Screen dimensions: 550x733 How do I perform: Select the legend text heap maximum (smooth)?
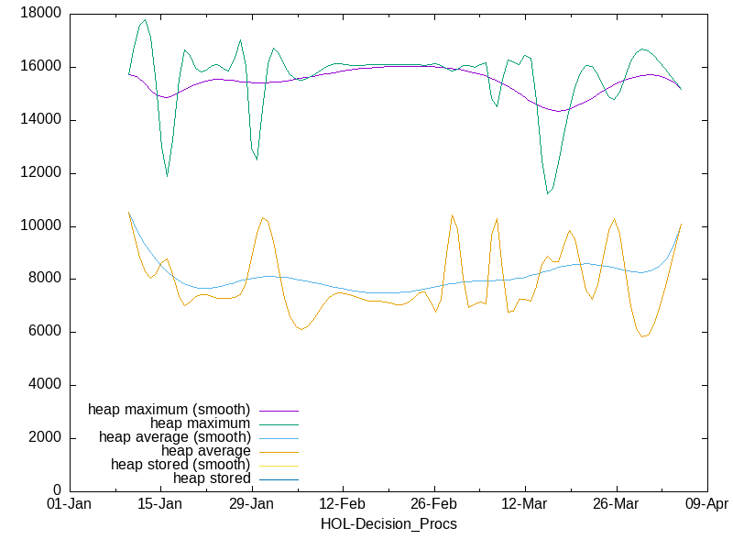pyautogui.click(x=170, y=409)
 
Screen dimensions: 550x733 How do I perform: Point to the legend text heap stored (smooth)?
pyautogui.click(x=181, y=465)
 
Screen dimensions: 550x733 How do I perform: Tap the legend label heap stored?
pyautogui.click(x=212, y=478)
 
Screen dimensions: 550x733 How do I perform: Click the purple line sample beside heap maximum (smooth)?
pyautogui.click(x=279, y=410)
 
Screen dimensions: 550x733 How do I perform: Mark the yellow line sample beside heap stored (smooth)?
pyautogui.click(x=279, y=465)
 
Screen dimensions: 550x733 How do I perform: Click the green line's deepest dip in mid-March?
pyautogui.click(x=547, y=193)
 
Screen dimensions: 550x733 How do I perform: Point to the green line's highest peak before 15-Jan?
pyautogui.click(x=145, y=19)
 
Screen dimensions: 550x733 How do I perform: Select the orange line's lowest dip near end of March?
pyautogui.click(x=643, y=336)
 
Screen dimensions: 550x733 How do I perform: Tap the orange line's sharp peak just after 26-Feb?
pyautogui.click(x=452, y=215)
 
